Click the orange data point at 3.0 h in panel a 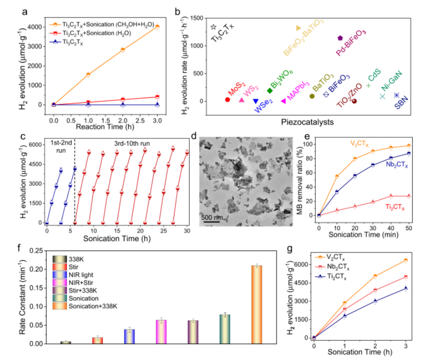pyautogui.click(x=157, y=26)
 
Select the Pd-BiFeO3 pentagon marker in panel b pyautogui.click(x=340, y=38)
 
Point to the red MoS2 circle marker pyautogui.click(x=227, y=99)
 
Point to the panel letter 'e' pyautogui.click(x=307, y=137)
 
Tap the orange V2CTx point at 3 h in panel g pyautogui.click(x=406, y=260)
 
